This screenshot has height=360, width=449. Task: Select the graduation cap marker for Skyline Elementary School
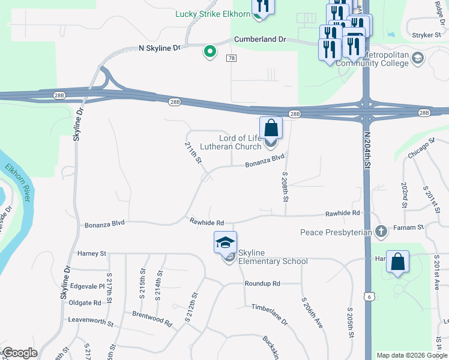225,242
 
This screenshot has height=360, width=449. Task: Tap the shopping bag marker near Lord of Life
271,128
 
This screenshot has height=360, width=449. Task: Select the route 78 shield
231,58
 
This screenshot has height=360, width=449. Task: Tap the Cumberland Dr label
278,39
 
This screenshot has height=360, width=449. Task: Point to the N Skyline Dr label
159,47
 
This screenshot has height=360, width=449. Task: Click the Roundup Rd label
262,283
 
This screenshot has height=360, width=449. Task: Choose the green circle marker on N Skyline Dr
209,52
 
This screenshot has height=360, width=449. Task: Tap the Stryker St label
431,35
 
